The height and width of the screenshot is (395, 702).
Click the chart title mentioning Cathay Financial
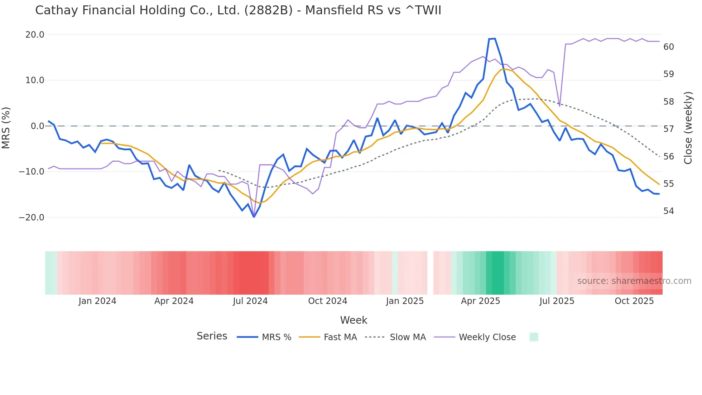click(238, 10)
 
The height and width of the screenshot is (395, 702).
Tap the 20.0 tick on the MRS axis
click(35, 35)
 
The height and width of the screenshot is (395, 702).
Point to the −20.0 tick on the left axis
click(32, 218)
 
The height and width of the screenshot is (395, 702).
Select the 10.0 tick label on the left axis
click(35, 80)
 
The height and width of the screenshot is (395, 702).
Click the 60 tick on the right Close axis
click(668, 47)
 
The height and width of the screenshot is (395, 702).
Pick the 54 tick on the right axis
click(668, 211)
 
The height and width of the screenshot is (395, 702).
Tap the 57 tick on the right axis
click(668, 129)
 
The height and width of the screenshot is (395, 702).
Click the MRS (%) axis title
click(6, 128)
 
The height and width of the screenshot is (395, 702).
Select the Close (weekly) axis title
click(688, 128)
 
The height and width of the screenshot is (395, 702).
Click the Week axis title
click(354, 320)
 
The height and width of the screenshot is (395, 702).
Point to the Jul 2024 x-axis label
click(250, 301)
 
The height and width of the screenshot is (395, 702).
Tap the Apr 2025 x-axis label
click(480, 301)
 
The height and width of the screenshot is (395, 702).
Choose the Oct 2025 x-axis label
click(634, 301)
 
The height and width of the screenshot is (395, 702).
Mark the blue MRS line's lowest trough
click(254, 217)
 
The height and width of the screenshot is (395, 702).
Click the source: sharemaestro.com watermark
click(634, 281)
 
